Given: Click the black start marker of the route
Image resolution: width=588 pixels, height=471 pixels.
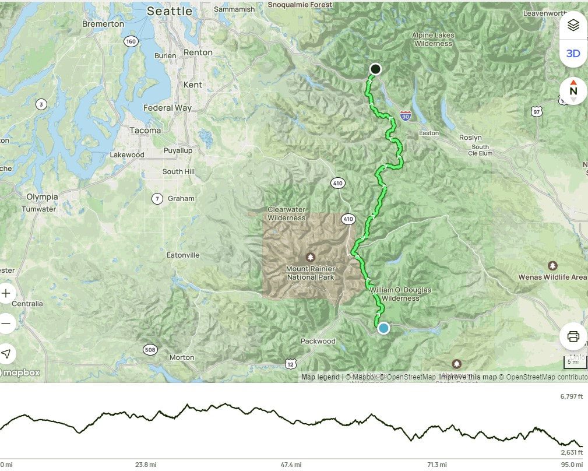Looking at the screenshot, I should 375,69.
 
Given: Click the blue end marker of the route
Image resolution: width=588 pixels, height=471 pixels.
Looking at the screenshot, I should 383,328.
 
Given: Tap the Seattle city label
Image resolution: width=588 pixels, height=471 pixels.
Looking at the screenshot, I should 169,11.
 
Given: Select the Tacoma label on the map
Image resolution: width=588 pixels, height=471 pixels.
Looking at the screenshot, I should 145,131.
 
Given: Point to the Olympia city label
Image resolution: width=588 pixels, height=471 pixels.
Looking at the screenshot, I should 42,197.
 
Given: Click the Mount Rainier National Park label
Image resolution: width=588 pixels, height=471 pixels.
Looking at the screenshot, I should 310,273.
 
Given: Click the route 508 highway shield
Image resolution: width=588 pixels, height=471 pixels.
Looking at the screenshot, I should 150,350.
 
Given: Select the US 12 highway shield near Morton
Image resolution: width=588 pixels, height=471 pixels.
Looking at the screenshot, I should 290,364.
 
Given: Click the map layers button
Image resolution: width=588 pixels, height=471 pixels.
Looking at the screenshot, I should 573,25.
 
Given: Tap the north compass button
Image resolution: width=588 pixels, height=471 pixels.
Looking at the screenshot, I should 573,90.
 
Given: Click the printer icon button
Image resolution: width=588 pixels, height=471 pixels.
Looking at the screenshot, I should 573,336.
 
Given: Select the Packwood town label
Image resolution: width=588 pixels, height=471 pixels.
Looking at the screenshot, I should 318,341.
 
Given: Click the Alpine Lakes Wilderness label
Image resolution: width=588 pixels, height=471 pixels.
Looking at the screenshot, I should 432,39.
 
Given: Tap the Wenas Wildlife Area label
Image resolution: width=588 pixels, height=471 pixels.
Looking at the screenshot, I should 552,277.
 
